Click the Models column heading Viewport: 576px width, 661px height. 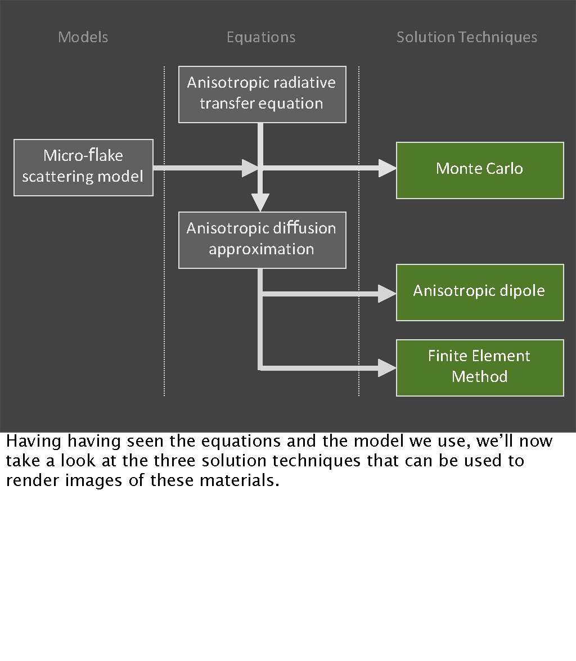click(x=83, y=38)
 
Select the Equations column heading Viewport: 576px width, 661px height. click(x=260, y=38)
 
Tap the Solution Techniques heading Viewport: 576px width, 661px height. click(x=466, y=38)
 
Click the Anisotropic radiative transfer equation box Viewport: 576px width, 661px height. click(x=262, y=93)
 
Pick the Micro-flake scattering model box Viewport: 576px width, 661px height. click(x=83, y=167)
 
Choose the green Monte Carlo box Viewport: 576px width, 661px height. click(x=479, y=169)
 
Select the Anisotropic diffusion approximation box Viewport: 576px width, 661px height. click(x=262, y=239)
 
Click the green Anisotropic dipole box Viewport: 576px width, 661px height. click(x=479, y=291)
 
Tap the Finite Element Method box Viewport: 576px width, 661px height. click(x=479, y=367)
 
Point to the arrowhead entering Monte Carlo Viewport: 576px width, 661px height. click(x=387, y=168)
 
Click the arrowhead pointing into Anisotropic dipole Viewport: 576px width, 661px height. click(x=387, y=293)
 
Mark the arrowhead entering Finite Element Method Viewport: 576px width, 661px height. click(x=387, y=368)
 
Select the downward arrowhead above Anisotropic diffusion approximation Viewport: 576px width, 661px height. click(x=260, y=201)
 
